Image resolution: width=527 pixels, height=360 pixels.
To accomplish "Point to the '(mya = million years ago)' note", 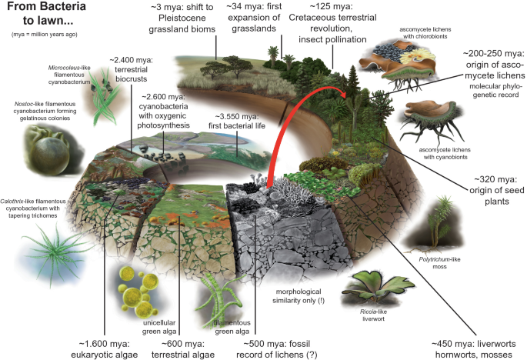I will [x=42, y=35].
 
